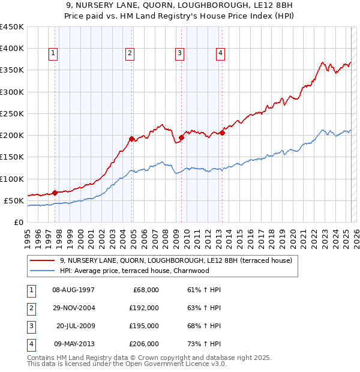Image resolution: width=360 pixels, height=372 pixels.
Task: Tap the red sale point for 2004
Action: (132, 139)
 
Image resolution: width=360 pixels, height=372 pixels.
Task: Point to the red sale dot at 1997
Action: (55, 193)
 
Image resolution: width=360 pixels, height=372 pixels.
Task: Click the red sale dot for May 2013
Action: (221, 133)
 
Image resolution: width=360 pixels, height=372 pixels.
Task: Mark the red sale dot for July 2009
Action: (181, 137)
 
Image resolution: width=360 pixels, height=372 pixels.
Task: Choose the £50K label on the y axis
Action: (14, 200)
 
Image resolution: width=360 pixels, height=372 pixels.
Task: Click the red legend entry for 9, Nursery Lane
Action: (176, 260)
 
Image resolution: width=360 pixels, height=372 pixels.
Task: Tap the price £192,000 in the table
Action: (145, 308)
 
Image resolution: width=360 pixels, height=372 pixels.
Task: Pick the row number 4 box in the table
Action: (31, 344)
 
